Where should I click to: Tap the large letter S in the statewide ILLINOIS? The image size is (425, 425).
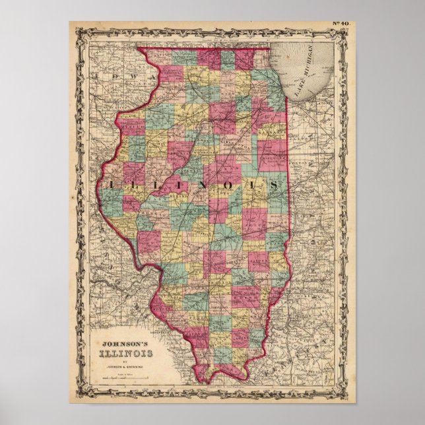click(272, 185)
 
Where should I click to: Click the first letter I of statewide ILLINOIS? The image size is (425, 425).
click(109, 185)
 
